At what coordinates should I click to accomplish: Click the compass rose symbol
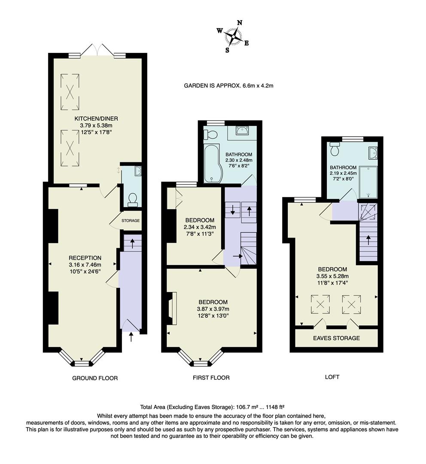click(x=233, y=36)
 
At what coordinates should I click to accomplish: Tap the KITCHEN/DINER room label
click(x=96, y=119)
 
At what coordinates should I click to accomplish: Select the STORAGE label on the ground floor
click(x=131, y=221)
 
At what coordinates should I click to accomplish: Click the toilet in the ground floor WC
click(x=133, y=198)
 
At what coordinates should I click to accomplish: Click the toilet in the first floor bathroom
click(x=211, y=134)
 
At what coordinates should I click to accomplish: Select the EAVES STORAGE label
click(x=336, y=338)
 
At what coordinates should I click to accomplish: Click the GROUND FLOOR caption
click(x=94, y=378)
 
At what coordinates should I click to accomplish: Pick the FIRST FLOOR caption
click(x=211, y=378)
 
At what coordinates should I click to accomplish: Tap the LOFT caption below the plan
click(x=332, y=377)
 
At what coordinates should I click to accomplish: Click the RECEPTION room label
click(x=85, y=258)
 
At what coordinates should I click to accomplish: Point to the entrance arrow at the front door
click(x=131, y=337)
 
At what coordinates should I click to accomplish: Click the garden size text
click(x=228, y=85)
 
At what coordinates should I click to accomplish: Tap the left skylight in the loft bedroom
click(x=320, y=304)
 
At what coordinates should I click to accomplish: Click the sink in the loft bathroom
click(x=373, y=153)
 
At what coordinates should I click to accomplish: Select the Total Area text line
click(x=213, y=407)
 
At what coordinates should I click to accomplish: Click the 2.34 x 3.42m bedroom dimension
click(x=200, y=227)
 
